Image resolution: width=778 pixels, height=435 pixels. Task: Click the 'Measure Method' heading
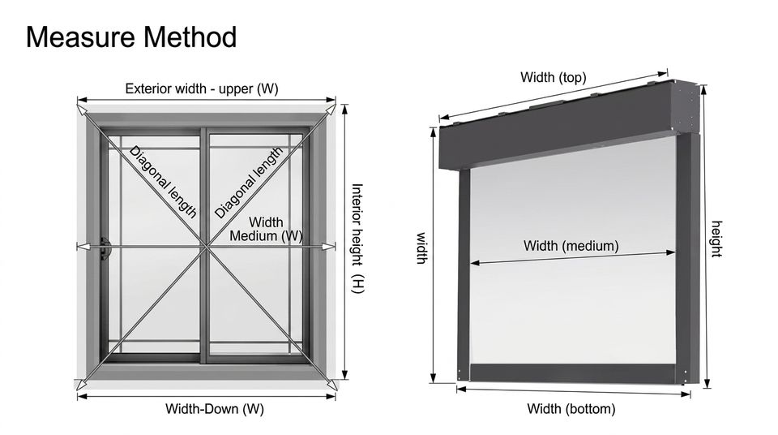[x=131, y=37]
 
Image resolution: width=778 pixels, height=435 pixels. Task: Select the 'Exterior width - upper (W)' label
[x=202, y=88]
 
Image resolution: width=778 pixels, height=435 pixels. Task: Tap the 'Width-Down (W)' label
[x=214, y=409]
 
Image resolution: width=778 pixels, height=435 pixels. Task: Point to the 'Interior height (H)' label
[x=357, y=238]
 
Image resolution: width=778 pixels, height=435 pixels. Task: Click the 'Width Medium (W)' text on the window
[x=266, y=229]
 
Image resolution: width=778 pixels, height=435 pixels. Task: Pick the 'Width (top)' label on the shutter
[x=554, y=77]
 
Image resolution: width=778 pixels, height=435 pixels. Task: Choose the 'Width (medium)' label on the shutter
[x=571, y=246]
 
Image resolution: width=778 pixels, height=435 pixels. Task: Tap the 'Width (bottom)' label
[x=571, y=409]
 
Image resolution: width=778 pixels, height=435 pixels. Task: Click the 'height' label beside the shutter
[x=716, y=239]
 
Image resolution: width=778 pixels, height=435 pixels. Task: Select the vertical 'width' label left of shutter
[x=421, y=248]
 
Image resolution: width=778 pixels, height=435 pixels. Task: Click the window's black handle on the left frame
[x=105, y=248]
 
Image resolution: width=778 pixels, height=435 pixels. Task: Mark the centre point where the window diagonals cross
[x=205, y=247]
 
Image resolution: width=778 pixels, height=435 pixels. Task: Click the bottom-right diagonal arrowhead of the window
[x=331, y=385]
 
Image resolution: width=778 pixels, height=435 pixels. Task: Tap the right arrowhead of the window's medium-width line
[x=329, y=247]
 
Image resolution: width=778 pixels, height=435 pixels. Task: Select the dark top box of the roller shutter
[x=569, y=125]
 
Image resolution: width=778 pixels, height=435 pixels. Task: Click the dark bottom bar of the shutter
[x=572, y=373]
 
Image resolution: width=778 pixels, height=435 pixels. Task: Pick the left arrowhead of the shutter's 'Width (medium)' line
[x=474, y=262]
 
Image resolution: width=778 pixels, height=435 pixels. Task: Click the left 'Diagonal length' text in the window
[x=163, y=182]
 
